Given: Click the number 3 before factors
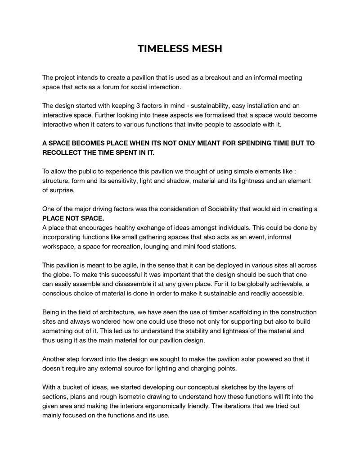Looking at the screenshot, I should [x=138, y=105].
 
